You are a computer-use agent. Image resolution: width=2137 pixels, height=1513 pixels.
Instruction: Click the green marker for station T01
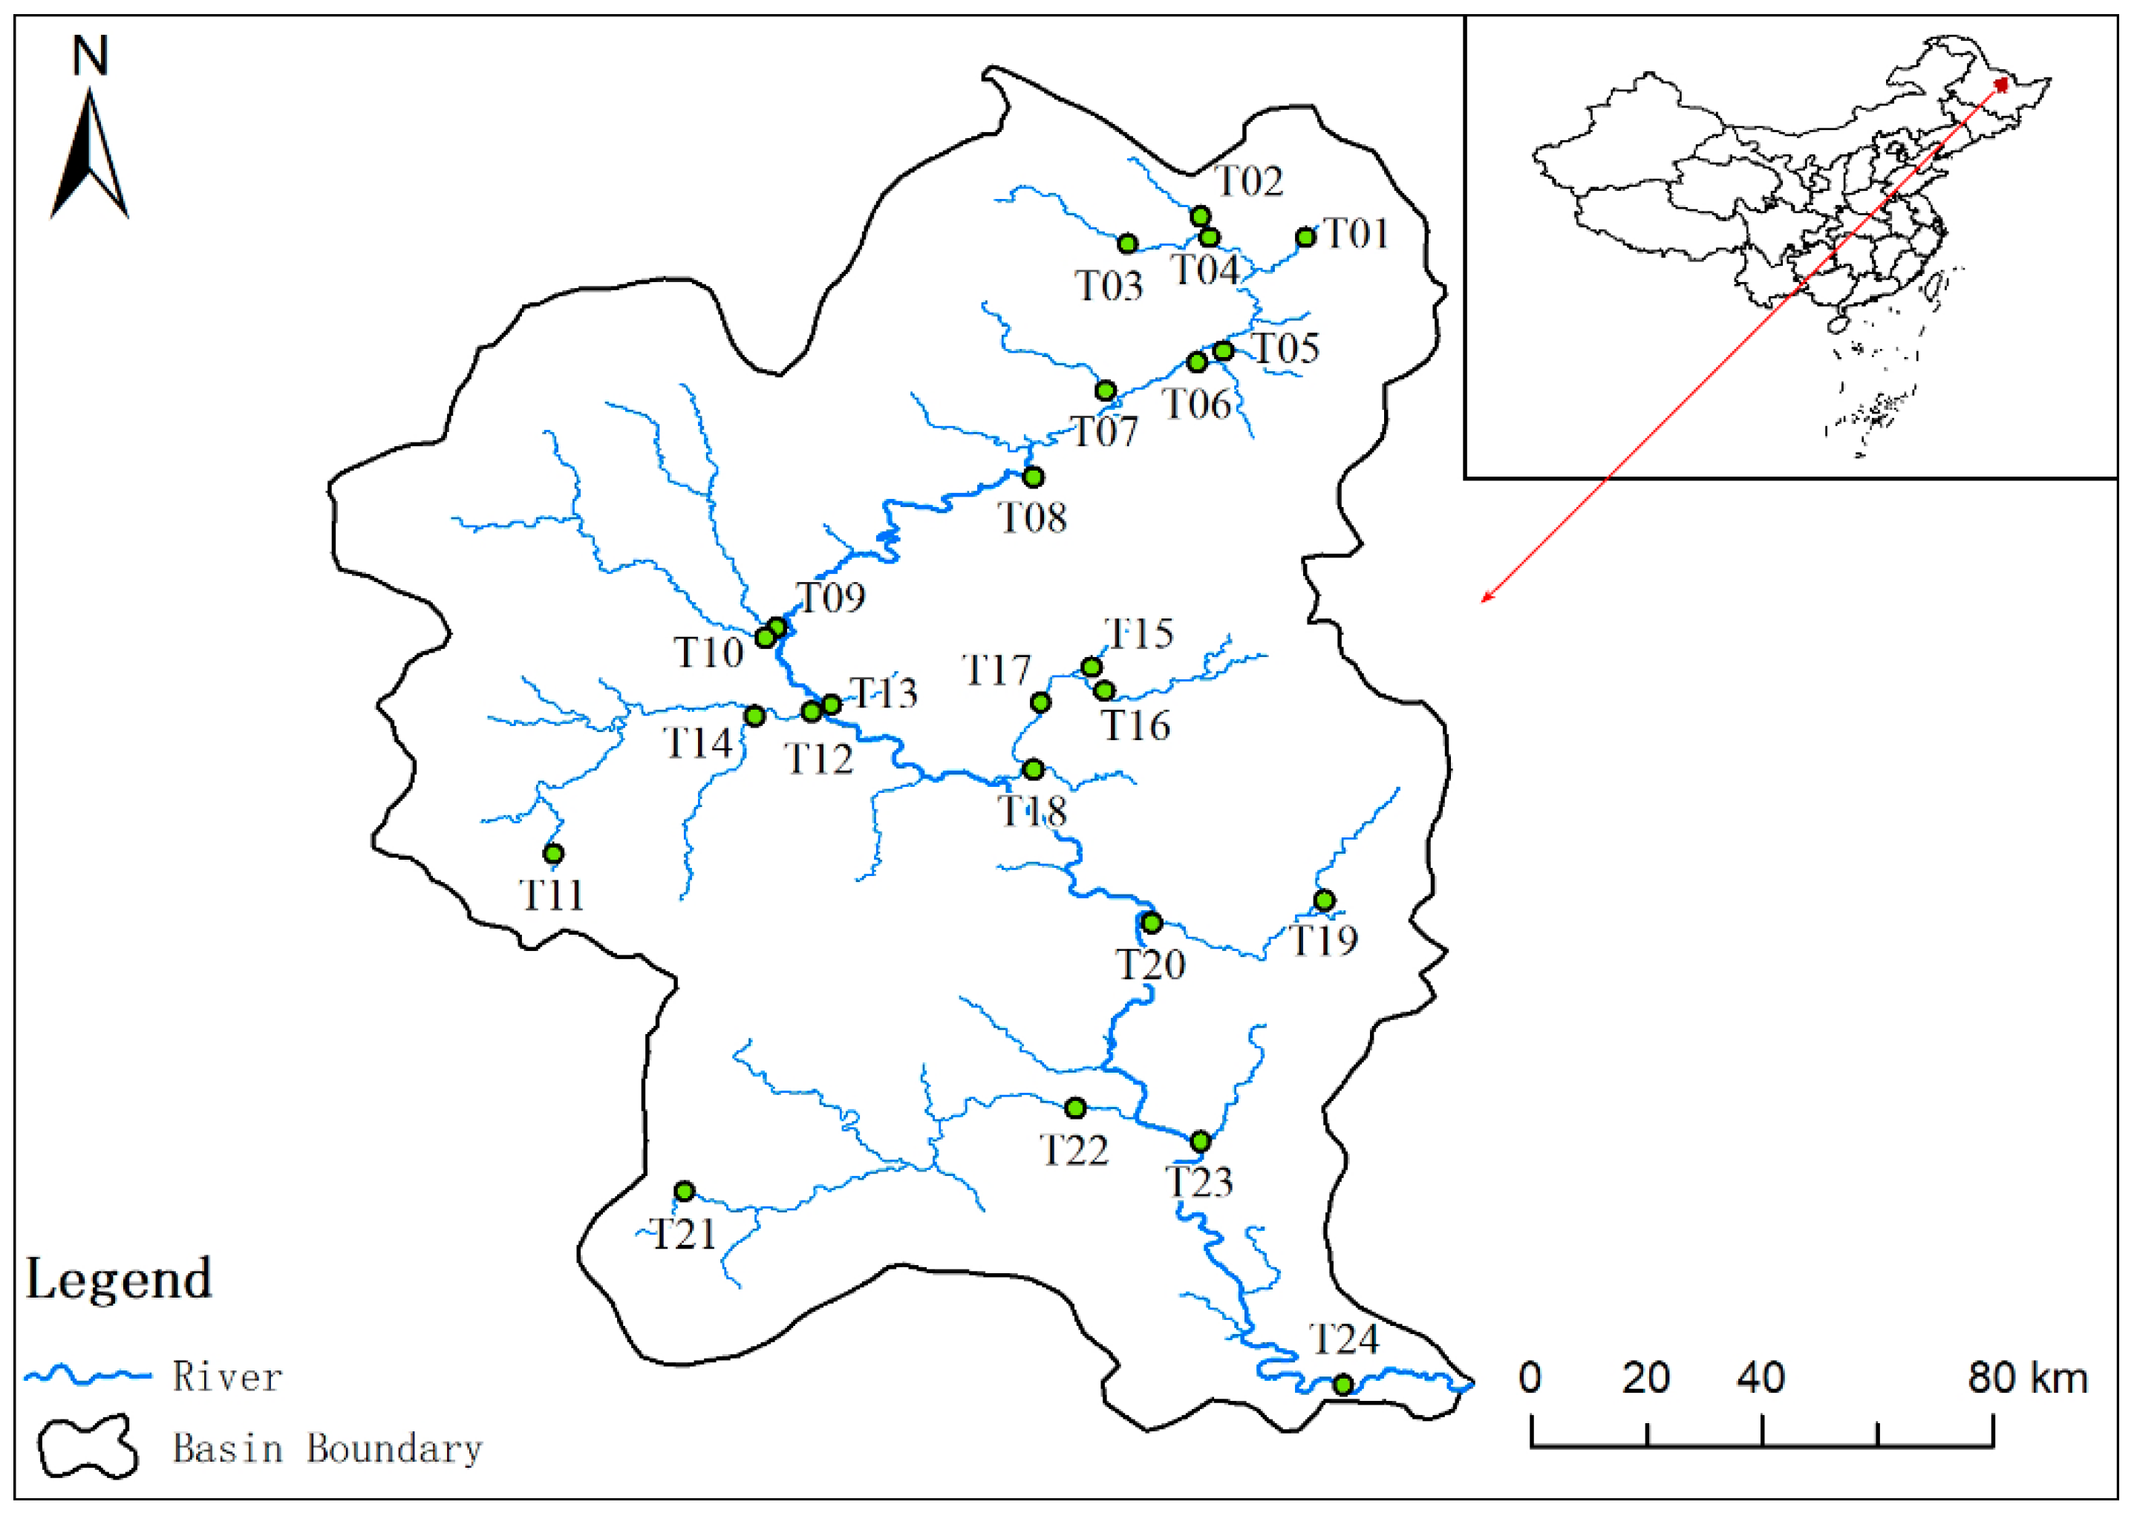point(1305,238)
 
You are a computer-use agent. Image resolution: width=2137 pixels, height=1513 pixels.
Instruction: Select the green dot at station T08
point(1033,477)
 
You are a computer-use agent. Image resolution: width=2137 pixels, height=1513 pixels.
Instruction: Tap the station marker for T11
point(553,854)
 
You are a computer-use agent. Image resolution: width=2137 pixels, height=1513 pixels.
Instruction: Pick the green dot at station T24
point(1342,1385)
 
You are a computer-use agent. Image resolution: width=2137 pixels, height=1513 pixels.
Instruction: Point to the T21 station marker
point(685,1192)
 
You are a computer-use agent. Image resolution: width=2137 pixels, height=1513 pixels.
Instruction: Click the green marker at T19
point(1324,900)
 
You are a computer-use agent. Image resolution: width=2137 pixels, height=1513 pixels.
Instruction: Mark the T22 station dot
point(1075,1108)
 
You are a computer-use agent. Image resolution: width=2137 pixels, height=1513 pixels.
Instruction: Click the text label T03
point(1109,286)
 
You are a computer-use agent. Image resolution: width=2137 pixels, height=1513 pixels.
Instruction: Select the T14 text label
point(698,742)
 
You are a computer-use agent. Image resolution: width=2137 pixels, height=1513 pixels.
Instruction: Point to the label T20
point(1150,965)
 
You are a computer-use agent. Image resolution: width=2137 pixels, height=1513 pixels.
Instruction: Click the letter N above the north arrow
point(91,56)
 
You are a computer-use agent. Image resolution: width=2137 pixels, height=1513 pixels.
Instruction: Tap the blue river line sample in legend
point(88,1375)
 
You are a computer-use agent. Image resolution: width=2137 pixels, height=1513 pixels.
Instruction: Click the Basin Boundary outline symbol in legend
point(88,1448)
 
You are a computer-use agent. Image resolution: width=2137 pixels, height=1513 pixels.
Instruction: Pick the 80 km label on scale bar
point(2027,1378)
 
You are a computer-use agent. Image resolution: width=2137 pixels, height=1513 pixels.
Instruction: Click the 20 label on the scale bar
point(1645,1378)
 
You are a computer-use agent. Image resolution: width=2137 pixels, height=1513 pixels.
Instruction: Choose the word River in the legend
point(226,1377)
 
